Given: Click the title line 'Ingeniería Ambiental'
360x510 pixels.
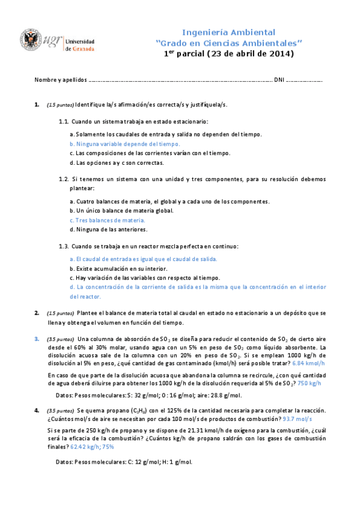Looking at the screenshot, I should (x=228, y=32).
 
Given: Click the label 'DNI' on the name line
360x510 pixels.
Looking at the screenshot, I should (x=279, y=80).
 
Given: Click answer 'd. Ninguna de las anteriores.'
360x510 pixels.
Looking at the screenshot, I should (x=108, y=229).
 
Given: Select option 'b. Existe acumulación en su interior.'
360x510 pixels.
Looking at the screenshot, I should (x=118, y=268).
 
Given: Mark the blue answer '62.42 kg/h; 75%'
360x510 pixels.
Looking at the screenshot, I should (x=92, y=447).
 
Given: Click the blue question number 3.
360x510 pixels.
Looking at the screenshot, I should (x=37, y=339).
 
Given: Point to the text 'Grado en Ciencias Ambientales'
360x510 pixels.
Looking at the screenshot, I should (x=228, y=43).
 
